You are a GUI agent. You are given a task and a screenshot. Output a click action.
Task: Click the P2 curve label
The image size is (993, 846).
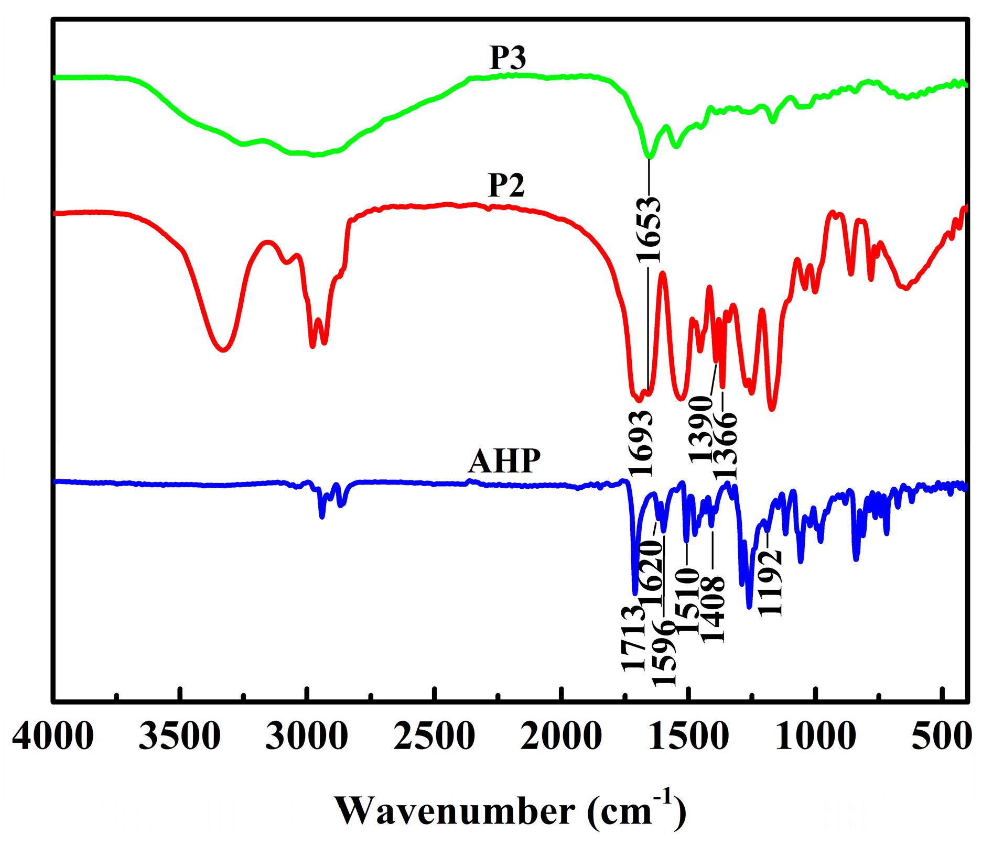506,185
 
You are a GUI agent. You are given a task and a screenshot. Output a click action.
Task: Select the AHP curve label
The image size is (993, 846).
504,461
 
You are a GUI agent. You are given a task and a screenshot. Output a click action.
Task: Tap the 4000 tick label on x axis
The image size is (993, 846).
53,736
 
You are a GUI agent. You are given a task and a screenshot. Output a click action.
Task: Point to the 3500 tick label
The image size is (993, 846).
180,736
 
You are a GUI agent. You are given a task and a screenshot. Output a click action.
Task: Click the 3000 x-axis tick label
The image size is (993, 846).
307,736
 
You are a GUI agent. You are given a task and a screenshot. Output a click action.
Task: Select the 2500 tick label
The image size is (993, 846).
435,736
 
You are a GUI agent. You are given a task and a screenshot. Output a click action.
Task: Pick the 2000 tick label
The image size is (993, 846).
562,736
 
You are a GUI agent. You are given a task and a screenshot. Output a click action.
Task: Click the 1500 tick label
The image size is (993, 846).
689,736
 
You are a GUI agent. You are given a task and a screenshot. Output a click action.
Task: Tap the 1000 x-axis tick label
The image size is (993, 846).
816,736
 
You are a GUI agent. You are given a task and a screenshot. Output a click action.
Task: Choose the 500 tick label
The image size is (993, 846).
942,736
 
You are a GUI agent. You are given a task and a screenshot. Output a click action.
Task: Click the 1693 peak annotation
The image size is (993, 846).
641,443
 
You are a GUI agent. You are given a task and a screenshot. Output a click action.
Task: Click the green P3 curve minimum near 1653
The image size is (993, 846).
650,156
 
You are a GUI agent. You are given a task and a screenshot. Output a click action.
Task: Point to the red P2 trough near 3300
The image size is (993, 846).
223,350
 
